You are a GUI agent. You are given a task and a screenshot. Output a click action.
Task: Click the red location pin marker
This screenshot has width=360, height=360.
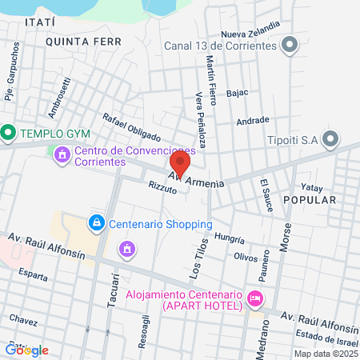click(179, 164)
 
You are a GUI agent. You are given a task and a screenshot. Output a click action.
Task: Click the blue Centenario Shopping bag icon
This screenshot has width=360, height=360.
click(96, 222)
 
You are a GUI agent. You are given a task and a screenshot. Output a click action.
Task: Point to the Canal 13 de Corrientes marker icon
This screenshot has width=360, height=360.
click(289, 45)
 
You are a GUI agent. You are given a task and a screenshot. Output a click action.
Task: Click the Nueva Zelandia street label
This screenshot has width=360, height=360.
click(250, 34)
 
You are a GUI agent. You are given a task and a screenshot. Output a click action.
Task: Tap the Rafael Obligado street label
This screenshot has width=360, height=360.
click(131, 126)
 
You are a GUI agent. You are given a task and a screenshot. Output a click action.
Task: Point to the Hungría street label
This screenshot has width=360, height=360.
click(229, 238)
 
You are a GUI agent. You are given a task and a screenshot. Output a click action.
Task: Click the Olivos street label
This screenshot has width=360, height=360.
click(246, 256)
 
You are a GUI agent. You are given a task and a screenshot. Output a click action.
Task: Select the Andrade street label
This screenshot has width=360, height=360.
click(253, 121)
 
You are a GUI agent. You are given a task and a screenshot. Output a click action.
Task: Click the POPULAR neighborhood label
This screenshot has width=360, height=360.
click(309, 199)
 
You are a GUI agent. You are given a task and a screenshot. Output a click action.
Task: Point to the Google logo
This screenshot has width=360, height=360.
click(27, 350)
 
